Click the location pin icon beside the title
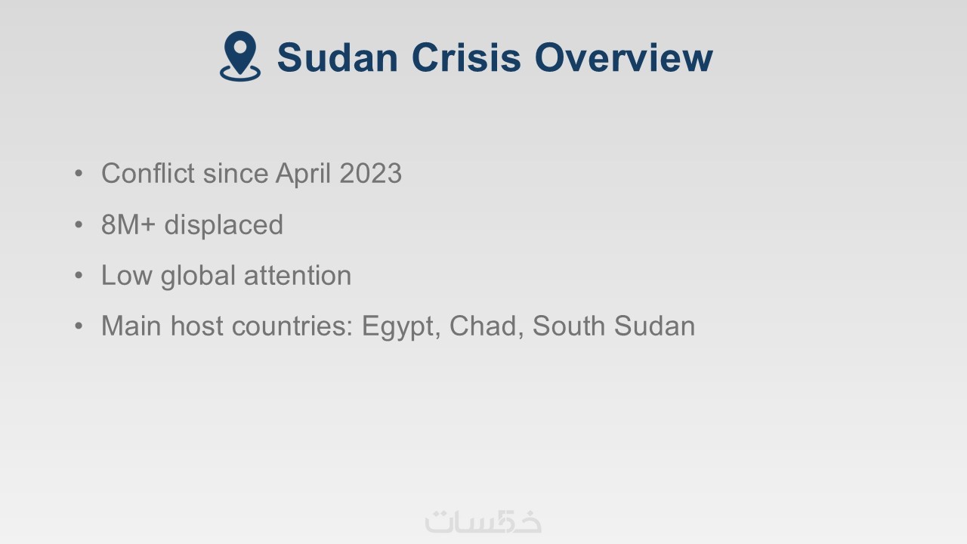click(x=240, y=56)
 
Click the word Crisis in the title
click(x=466, y=57)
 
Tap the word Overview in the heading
click(x=623, y=57)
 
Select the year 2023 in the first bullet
click(x=370, y=173)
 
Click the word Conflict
click(x=147, y=173)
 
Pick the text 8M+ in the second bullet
click(x=128, y=224)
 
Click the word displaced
click(x=224, y=225)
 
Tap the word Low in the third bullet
click(x=126, y=276)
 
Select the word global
click(x=198, y=277)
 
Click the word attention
click(x=298, y=276)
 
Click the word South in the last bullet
click(x=569, y=326)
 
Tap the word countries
click(x=292, y=326)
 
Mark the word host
click(x=197, y=326)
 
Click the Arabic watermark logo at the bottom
click(x=483, y=521)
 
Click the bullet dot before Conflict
click(x=79, y=174)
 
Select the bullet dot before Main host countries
click(x=79, y=326)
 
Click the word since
click(x=235, y=173)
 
